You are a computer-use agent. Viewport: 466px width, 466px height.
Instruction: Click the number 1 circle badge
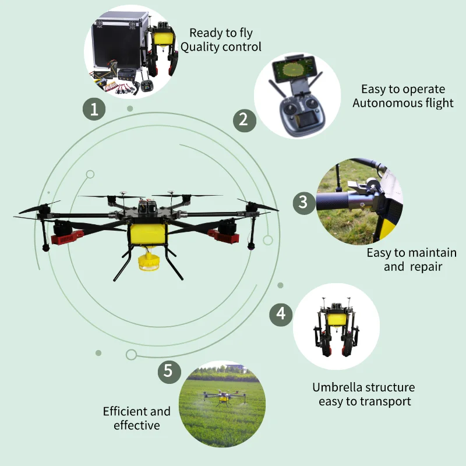94,109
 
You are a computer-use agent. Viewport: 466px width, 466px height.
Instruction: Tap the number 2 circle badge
245,120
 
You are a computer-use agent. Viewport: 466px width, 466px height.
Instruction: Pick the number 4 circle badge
281,315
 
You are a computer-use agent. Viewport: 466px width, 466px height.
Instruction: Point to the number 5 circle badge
168,371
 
